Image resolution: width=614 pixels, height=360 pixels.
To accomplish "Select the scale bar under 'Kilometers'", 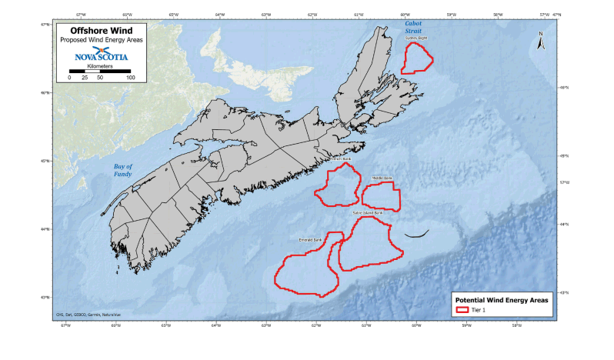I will [x=99, y=71].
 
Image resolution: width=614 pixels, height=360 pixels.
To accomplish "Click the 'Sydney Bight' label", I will [x=416, y=38].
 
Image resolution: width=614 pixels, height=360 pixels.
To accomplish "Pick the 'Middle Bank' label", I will [x=382, y=178].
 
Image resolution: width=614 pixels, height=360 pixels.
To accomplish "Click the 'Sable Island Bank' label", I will [x=368, y=213].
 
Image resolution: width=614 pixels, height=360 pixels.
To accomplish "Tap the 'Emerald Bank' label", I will [x=309, y=239].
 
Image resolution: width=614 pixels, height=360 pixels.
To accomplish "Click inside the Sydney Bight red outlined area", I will [x=416, y=58].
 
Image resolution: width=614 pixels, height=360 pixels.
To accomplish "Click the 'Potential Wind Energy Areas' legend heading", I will [x=501, y=299].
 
